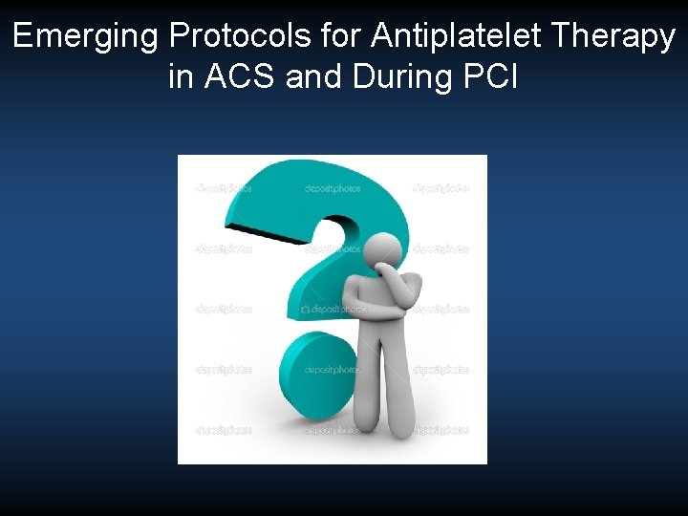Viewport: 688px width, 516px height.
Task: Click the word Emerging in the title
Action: [x=85, y=37]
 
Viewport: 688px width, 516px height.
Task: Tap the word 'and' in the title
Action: [x=316, y=76]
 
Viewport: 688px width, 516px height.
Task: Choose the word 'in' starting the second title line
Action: [x=180, y=76]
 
